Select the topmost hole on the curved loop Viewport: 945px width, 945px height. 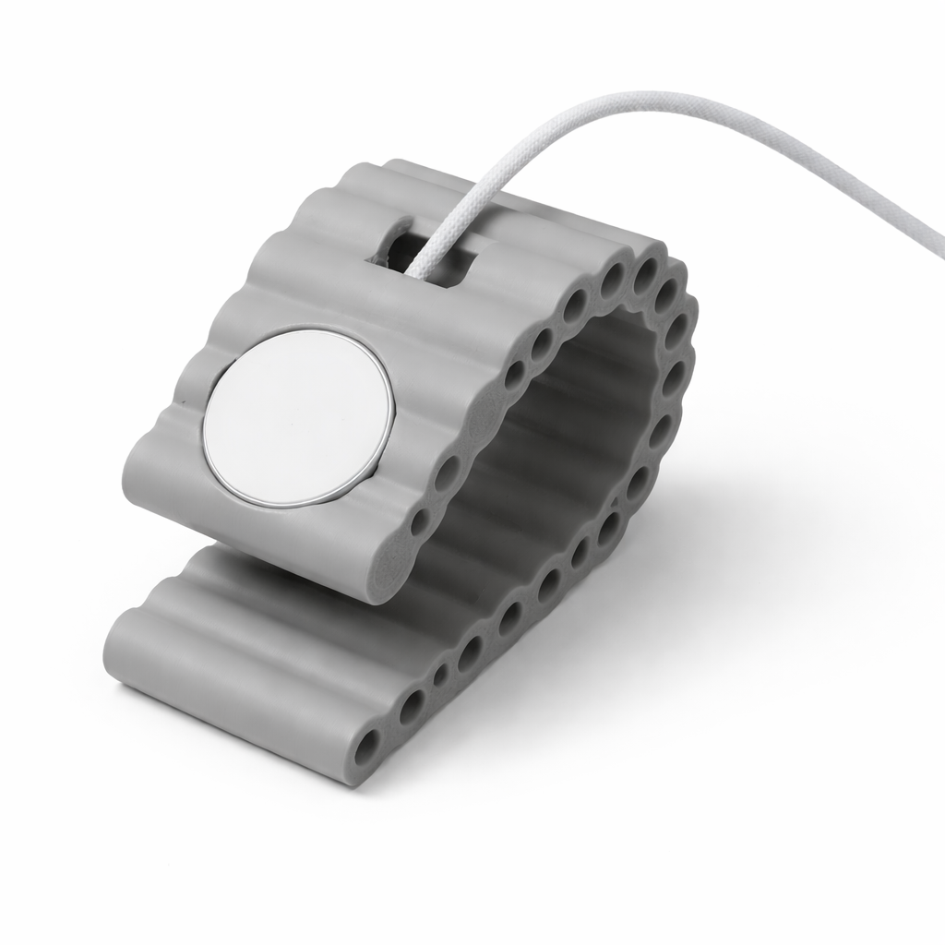(x=646, y=269)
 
